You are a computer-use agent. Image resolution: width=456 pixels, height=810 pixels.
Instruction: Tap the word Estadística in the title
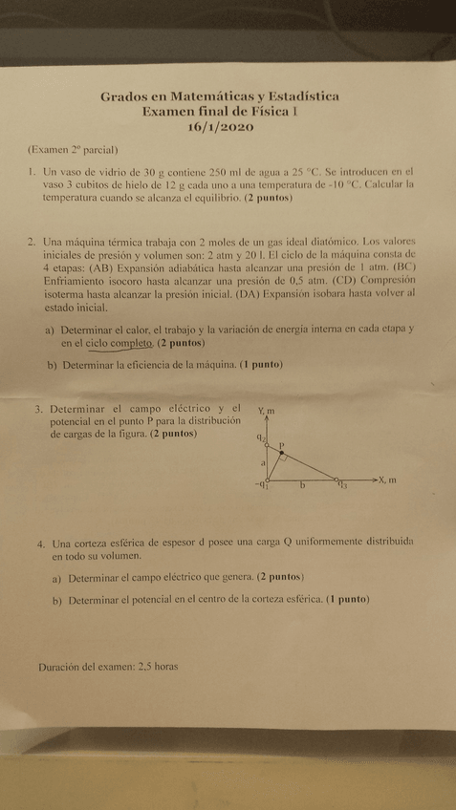pos(299,96)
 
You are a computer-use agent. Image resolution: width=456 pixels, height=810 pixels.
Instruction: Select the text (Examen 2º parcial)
pos(72,150)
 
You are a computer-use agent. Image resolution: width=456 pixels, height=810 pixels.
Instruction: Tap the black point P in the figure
pos(281,453)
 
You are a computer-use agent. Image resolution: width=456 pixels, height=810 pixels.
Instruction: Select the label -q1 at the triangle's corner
pos(261,486)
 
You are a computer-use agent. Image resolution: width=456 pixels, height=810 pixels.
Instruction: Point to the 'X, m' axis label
pos(386,480)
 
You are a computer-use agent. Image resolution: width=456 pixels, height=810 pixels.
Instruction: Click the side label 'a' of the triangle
pos(262,463)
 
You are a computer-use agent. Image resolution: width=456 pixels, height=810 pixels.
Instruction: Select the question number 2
pos(33,243)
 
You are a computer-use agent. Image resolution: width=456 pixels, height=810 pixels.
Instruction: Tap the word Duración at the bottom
pos(59,668)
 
